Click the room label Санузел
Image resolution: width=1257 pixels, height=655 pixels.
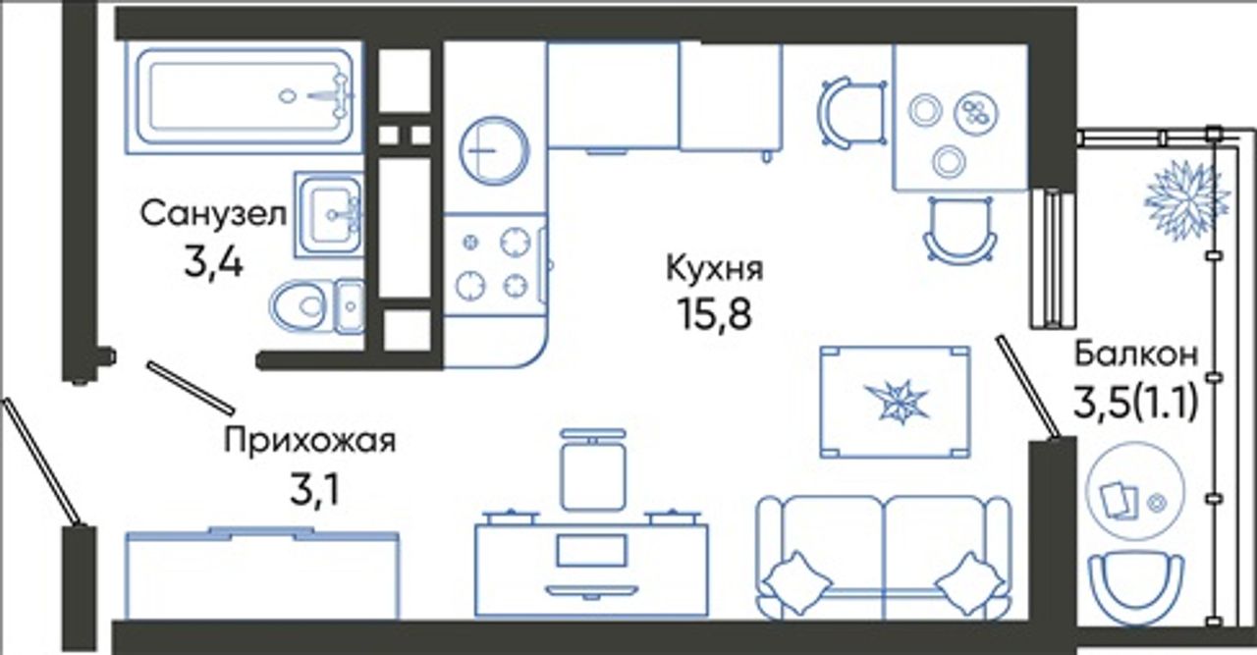[213, 214]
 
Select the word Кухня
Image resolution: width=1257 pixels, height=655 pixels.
[714, 268]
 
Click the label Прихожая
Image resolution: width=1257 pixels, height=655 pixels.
[309, 441]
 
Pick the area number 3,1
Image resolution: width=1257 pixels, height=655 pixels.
[314, 490]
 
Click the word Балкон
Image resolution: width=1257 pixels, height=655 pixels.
[1136, 355]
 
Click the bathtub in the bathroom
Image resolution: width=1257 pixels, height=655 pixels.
[245, 96]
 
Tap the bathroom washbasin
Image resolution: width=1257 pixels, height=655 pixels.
[328, 214]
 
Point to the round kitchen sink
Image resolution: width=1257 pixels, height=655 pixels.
[494, 150]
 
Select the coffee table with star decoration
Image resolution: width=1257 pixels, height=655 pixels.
[895, 402]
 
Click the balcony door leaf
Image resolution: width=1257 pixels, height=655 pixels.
[1028, 387]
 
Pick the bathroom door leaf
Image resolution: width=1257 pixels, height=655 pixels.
[191, 387]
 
